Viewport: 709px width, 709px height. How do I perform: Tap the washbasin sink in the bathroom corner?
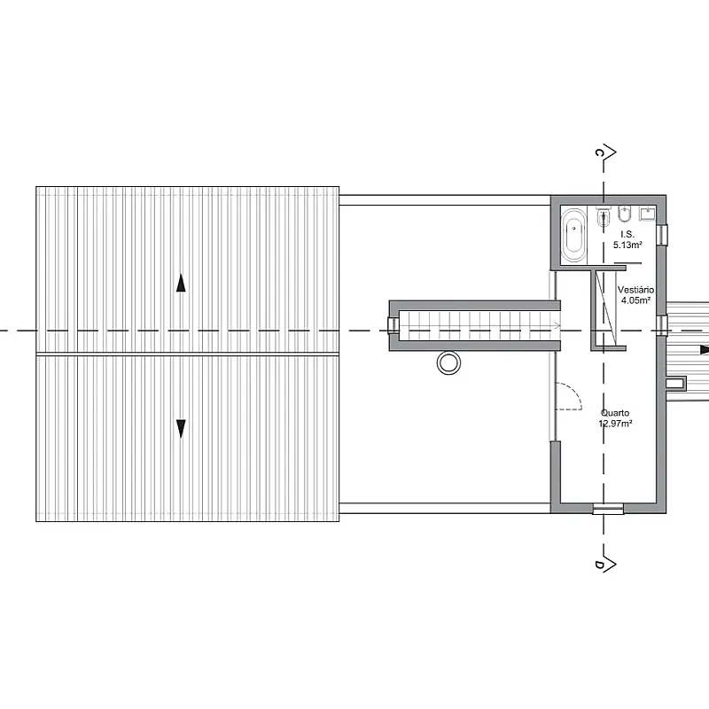click(647, 213)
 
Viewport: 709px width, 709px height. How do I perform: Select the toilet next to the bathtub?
click(603, 216)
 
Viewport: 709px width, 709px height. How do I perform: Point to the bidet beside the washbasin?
click(625, 214)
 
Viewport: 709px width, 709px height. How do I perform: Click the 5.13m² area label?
click(627, 245)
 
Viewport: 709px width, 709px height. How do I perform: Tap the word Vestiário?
click(635, 290)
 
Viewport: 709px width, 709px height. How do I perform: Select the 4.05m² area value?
click(635, 300)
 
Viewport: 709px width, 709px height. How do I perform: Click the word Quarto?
click(615, 413)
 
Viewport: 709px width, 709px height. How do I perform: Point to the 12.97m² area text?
click(615, 424)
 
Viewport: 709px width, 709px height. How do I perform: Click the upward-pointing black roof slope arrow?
click(181, 283)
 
